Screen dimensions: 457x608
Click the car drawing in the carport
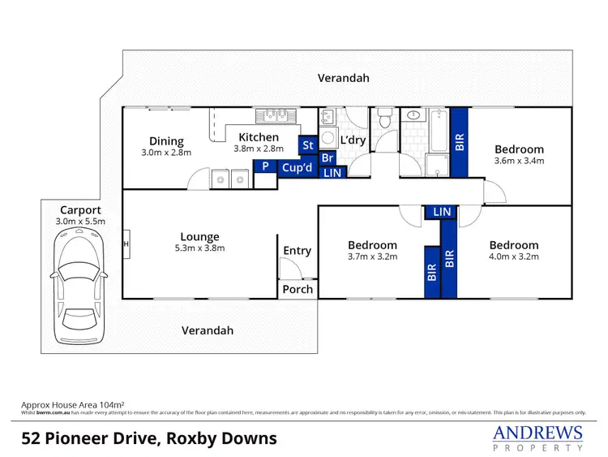click(x=79, y=286)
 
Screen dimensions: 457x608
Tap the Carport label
click(x=79, y=209)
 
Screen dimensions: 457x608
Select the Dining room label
click(x=166, y=141)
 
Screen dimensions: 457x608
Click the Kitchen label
click(x=259, y=137)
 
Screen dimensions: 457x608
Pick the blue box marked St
click(x=307, y=145)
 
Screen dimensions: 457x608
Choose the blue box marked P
click(x=264, y=166)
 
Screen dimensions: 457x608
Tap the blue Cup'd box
click(x=297, y=168)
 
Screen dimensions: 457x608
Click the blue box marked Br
click(x=328, y=157)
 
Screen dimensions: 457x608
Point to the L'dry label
click(x=352, y=141)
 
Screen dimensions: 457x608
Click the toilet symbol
click(x=384, y=119)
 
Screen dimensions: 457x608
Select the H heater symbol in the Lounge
click(x=126, y=243)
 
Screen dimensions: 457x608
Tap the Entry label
click(x=297, y=251)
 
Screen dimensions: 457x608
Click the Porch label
click(x=297, y=290)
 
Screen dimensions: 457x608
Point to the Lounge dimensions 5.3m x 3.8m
click(x=200, y=248)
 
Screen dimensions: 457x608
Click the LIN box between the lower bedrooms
click(x=442, y=212)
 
